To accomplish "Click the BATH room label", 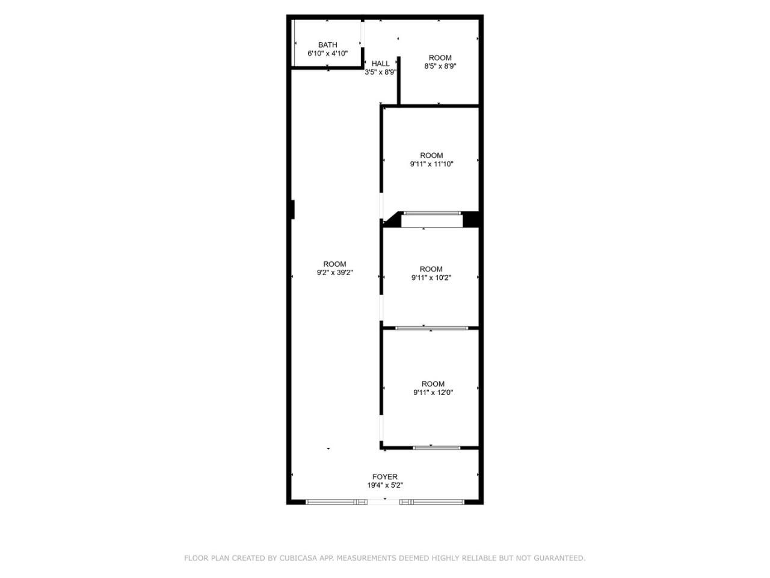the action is [327, 45].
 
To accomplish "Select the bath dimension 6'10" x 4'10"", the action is [327, 54].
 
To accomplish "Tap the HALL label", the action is [380, 64].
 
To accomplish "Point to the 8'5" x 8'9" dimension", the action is [440, 66].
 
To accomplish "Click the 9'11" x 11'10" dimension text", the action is [431, 164].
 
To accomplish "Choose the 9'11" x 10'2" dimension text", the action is [431, 278].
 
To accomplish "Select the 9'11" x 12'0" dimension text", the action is [433, 393].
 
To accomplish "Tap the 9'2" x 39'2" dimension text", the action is [334, 272].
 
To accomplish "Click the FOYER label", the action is [385, 477].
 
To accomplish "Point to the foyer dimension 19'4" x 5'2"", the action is [385, 485].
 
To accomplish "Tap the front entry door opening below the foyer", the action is [383, 502].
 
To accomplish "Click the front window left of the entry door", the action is [336, 502].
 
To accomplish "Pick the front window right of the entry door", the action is [432, 502].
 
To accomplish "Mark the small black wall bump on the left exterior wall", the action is [292, 210].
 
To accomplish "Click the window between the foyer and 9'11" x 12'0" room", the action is [436, 448].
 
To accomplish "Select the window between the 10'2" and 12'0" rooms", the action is [431, 328].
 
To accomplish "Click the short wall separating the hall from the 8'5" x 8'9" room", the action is [398, 80].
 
